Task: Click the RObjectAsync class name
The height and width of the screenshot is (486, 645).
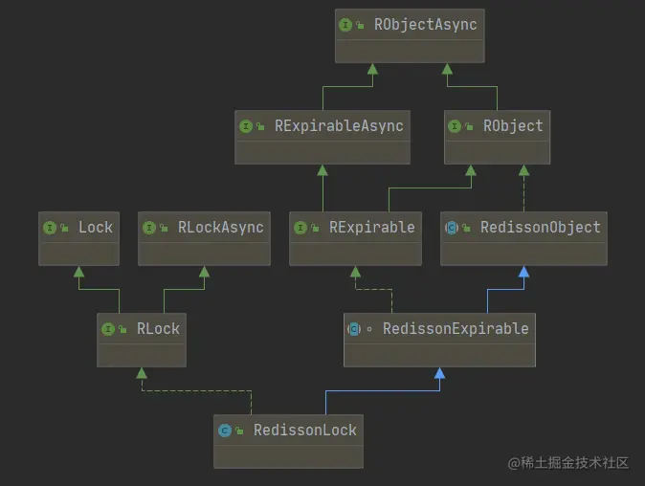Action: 425,24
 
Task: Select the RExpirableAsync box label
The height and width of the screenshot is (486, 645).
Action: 339,125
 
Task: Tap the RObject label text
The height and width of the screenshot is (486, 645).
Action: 513,125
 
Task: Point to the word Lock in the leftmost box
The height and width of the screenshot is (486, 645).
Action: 96,227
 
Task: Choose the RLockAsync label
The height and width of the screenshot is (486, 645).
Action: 220,227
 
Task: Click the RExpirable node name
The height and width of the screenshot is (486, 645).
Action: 371,227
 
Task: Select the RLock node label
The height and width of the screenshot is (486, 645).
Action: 158,328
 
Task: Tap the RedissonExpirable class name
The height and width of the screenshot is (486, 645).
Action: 456,328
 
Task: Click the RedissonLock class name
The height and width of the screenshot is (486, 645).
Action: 304,430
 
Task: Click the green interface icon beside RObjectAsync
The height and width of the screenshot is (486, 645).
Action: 346,25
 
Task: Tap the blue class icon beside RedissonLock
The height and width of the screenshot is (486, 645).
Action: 225,431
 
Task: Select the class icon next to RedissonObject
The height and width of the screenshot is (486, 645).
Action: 452,228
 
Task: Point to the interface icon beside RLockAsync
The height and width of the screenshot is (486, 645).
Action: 149,228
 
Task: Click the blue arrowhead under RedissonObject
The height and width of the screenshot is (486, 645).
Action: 523,272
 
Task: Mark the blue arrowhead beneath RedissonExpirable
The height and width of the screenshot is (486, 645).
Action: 438,373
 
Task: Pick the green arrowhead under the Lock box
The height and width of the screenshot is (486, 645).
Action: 78,272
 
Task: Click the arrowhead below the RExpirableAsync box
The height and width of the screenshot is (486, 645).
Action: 322,170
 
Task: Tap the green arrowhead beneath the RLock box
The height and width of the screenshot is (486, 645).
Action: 141,373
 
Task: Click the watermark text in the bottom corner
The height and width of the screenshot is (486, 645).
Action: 568,462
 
